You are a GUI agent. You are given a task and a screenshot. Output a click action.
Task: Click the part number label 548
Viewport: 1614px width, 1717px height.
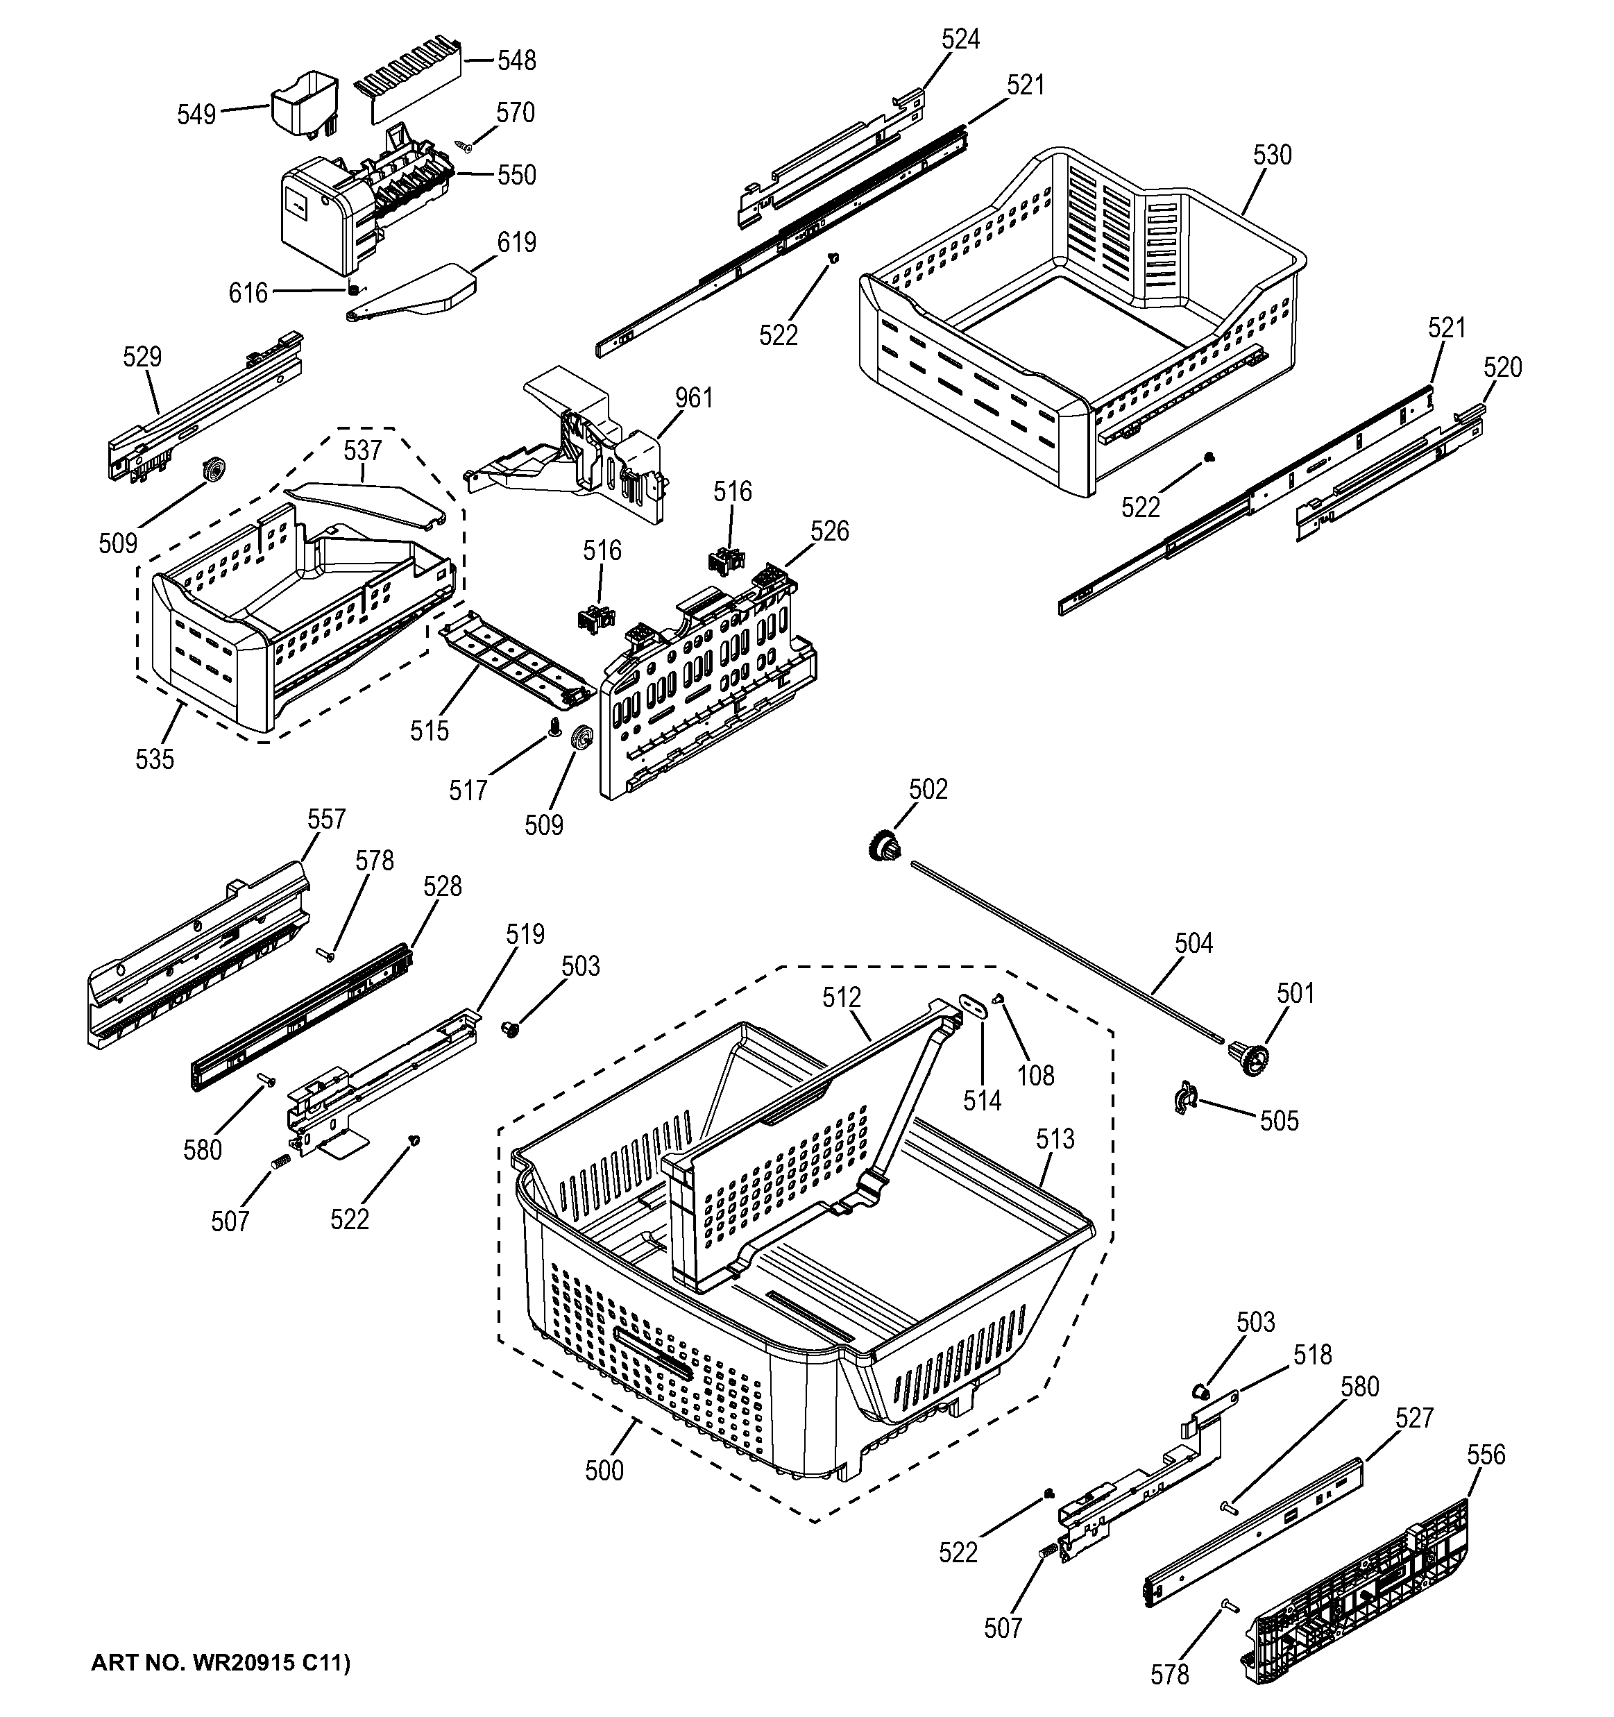click(x=516, y=60)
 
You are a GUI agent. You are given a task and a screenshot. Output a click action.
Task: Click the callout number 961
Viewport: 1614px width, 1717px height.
click(x=693, y=398)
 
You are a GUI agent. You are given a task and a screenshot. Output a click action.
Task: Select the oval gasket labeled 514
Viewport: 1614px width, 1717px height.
click(x=974, y=1004)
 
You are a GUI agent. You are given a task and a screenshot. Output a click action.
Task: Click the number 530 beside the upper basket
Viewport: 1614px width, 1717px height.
click(x=1271, y=155)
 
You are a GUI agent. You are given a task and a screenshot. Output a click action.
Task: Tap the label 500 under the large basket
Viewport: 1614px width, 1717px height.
click(x=604, y=1470)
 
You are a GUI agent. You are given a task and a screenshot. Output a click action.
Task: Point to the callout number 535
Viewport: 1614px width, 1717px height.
click(x=155, y=759)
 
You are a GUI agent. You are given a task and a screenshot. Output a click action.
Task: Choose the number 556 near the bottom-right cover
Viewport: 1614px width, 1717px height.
click(x=1486, y=1455)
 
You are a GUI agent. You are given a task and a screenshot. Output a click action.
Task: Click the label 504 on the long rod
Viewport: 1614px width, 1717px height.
click(x=1193, y=943)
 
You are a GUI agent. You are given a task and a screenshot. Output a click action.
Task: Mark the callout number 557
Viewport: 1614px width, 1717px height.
click(x=326, y=819)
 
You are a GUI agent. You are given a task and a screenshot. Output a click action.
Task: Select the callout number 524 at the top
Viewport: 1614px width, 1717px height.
click(x=960, y=39)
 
